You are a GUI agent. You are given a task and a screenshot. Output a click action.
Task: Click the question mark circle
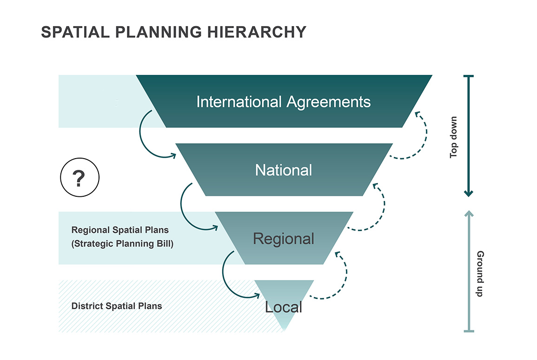80,178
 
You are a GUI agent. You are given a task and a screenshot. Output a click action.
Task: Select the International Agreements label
284,101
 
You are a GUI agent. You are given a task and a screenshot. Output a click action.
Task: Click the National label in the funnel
284,170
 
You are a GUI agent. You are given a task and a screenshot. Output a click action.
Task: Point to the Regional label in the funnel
284,239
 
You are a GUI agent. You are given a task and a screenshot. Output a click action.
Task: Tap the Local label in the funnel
284,307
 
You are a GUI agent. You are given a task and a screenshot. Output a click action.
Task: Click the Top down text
454,137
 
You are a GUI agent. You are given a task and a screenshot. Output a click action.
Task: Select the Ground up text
480,274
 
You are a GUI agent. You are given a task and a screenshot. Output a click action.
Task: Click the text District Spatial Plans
117,306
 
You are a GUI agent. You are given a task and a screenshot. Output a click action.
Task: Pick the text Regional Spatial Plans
120,230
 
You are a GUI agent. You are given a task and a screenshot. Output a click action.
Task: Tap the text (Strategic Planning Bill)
122,243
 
